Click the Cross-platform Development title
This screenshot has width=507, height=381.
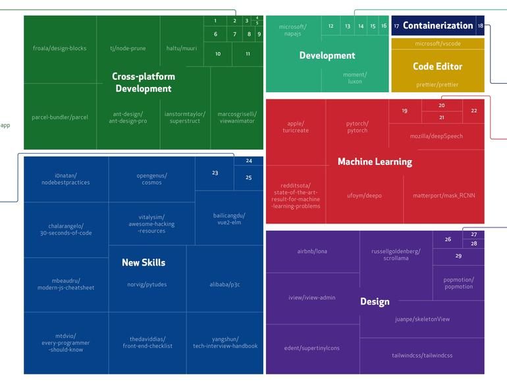coord(144,82)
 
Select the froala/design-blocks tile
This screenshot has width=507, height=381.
coord(59,48)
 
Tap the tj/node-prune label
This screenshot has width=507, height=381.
coord(128,48)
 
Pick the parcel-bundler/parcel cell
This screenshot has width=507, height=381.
coord(59,117)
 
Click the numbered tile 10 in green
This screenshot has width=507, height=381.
coord(218,54)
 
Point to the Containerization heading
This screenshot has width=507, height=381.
coord(438,26)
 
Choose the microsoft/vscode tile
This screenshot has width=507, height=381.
coord(438,44)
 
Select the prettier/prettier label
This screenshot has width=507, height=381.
coord(438,84)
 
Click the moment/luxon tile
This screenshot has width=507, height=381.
coord(355,78)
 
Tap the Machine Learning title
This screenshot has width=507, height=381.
coord(375,161)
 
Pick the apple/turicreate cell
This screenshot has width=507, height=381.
coord(296,127)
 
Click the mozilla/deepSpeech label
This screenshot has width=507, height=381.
coord(437,136)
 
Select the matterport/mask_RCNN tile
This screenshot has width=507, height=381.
coord(444,195)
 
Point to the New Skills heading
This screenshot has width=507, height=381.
coord(144,262)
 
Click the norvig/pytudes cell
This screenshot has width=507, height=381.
coord(147,285)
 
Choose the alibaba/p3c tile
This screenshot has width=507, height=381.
coord(225,285)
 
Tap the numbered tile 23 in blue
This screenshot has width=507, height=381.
coord(215,173)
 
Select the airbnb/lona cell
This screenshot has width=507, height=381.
coord(312,251)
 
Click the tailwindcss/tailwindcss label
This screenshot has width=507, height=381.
coord(422,355)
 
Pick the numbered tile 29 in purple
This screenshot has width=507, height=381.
coord(458,256)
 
